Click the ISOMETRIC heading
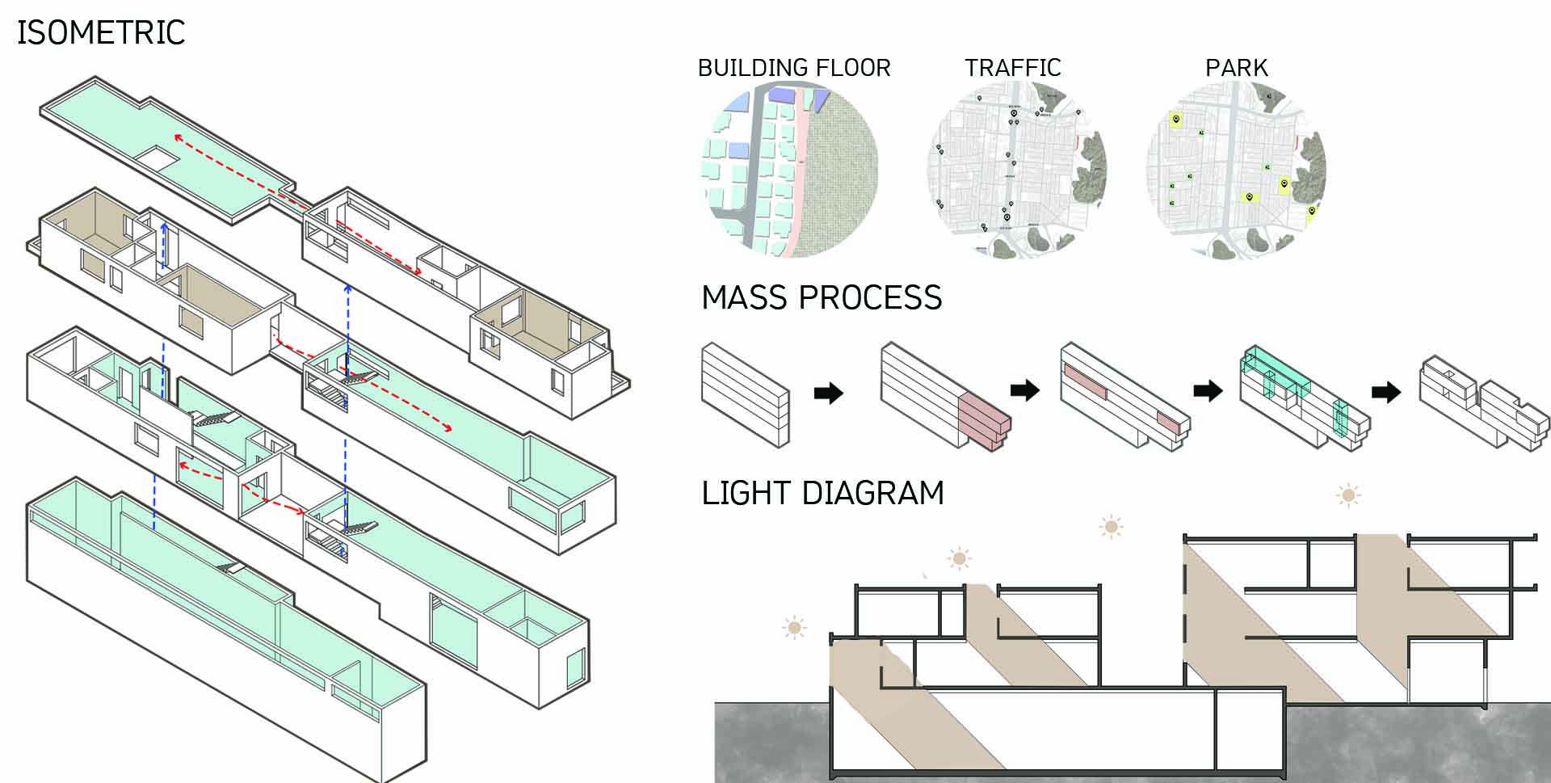(x=101, y=33)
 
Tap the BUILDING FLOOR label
(x=794, y=68)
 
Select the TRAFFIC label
(x=1012, y=68)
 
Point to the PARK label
(x=1236, y=68)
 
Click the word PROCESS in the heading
(x=870, y=298)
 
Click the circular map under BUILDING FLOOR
(x=789, y=171)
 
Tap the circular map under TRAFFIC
(x=1016, y=171)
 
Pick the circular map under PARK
(x=1236, y=171)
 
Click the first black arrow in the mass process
(x=828, y=394)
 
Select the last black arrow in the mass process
(x=1385, y=393)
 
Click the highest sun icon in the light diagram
(x=1347, y=495)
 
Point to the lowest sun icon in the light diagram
(x=794, y=627)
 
